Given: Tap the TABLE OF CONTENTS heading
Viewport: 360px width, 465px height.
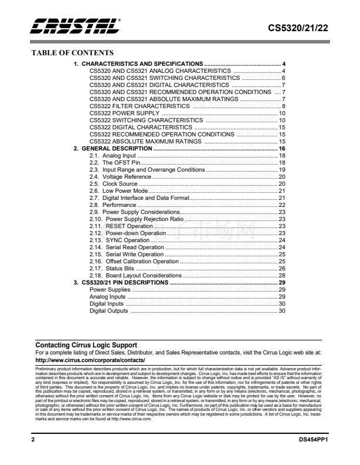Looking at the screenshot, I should tap(72, 53).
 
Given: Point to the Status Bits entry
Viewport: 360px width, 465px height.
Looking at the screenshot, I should tap(121, 269).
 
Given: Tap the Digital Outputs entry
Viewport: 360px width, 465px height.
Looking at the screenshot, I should tap(109, 311).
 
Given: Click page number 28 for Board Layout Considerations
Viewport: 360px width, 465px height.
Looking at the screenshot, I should tap(282, 276).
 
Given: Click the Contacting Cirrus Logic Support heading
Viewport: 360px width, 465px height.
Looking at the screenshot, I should tap(86, 345).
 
